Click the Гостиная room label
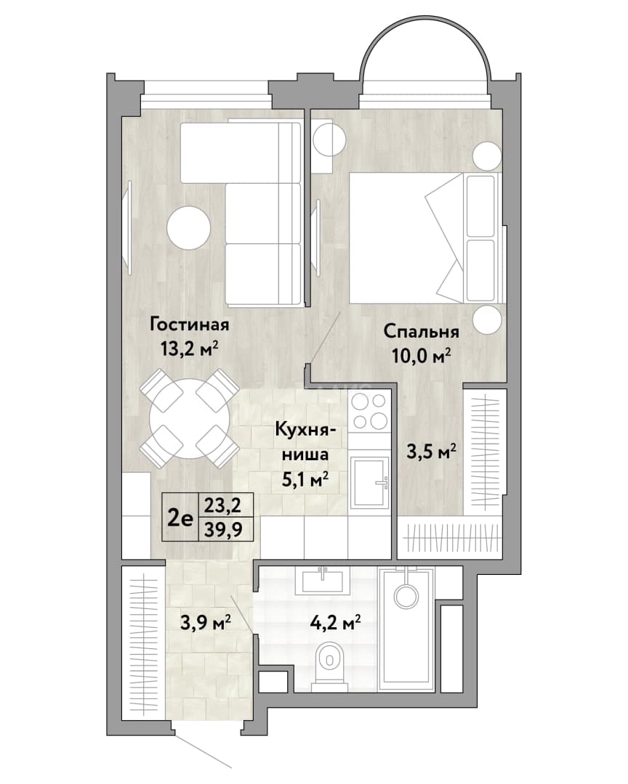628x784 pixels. [x=189, y=325]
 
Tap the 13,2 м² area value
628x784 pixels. [x=189, y=348]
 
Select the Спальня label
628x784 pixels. [x=421, y=332]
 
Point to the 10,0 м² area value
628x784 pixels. [x=421, y=356]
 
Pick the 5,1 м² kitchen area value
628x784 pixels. [x=305, y=480]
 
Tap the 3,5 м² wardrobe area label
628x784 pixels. [x=431, y=452]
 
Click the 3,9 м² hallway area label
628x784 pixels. [x=206, y=623]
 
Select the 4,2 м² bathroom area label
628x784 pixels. [x=336, y=624]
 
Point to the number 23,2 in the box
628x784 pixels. [x=222, y=505]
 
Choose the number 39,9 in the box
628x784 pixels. [x=222, y=529]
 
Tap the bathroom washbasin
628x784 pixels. [x=323, y=580]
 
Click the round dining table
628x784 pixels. [x=190, y=419]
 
